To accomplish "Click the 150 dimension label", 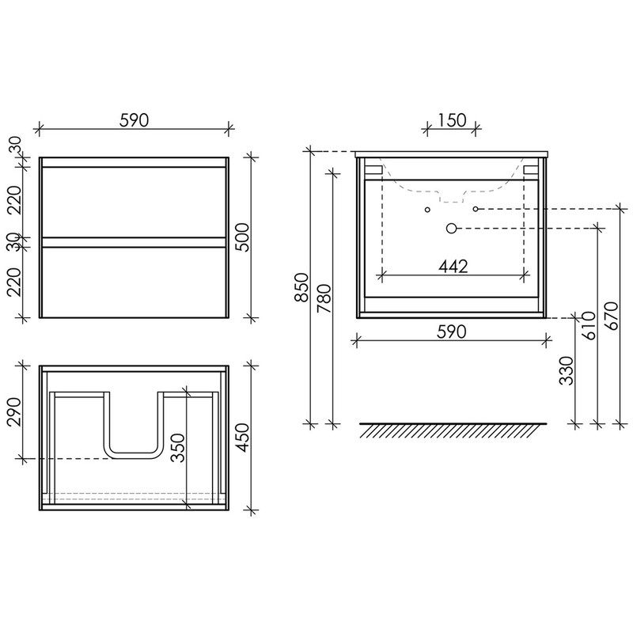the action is pyautogui.click(x=451, y=120).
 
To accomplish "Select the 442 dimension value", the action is pyautogui.click(x=453, y=267).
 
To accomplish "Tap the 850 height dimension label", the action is pyautogui.click(x=301, y=287).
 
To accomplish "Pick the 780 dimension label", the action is pyautogui.click(x=324, y=299).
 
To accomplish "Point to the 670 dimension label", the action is pyautogui.click(x=612, y=316).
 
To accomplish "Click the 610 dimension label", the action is pyautogui.click(x=589, y=325).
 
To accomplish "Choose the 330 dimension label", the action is pyautogui.click(x=567, y=370).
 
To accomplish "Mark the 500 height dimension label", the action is pyautogui.click(x=243, y=237).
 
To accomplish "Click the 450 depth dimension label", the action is pyautogui.click(x=243, y=438).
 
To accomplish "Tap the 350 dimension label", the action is pyautogui.click(x=177, y=448).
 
